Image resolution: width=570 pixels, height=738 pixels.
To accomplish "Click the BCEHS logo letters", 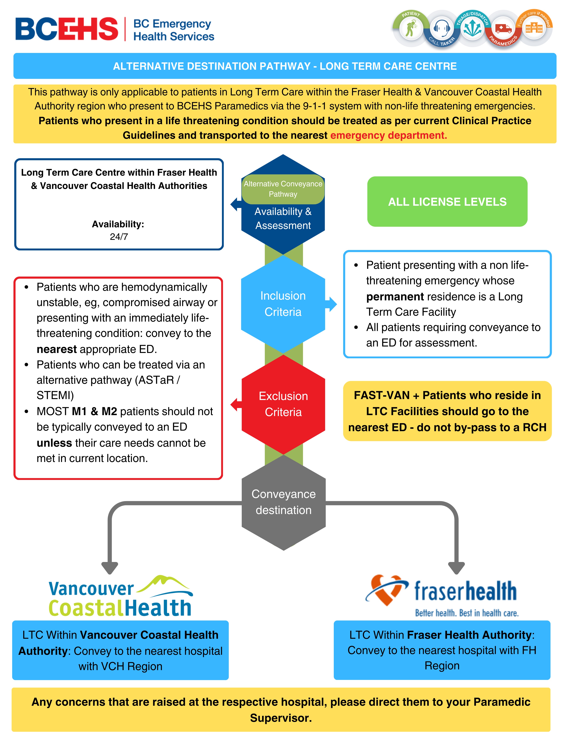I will pos(67,29).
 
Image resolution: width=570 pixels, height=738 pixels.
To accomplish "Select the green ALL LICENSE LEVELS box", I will pos(447,202).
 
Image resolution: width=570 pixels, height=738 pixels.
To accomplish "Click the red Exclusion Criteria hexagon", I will pos(283,404).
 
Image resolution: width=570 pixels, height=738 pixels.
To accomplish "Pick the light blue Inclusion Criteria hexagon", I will pos(283,304).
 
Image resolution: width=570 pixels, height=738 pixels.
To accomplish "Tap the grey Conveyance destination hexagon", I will pos(283,502).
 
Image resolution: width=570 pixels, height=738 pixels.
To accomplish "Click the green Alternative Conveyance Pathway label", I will pos(283,189).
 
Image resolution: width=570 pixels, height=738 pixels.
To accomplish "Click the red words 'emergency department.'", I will pos(388,135).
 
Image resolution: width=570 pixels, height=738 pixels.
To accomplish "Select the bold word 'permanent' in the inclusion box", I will pos(395,297).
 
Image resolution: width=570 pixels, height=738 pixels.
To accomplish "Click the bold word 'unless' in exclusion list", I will pos(54,443).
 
